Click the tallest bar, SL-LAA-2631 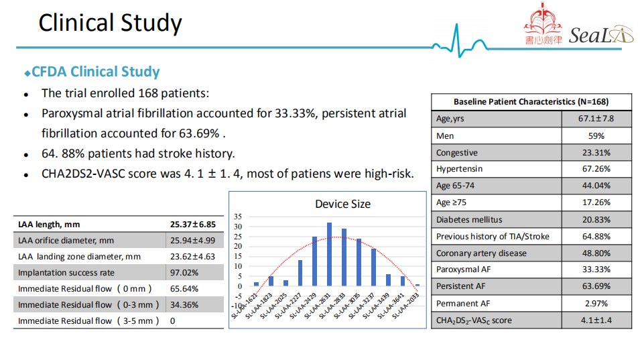tap(329, 254)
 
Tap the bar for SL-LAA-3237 tap(373, 267)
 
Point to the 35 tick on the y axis tap(239, 217)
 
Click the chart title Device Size tap(342, 204)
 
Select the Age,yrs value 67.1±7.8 tap(596, 119)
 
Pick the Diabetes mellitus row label tap(469, 220)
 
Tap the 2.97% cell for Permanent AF tap(596, 304)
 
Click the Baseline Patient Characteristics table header tap(531, 102)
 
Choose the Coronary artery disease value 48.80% tap(596, 253)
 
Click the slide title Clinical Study tap(110, 23)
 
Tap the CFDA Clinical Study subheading tap(96, 72)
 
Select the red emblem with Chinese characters tap(543, 25)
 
